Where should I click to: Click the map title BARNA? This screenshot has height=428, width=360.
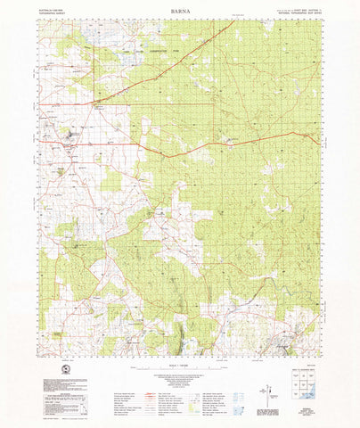click(x=179, y=13)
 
